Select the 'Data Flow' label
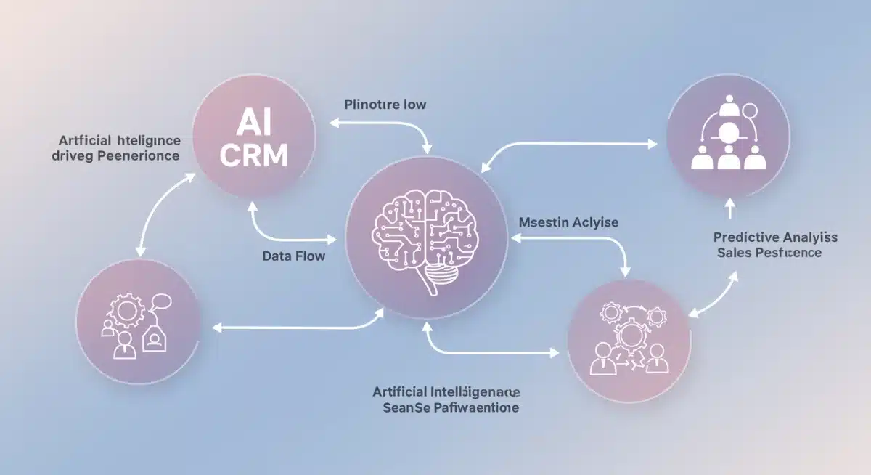point(293,256)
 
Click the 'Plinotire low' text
point(385,105)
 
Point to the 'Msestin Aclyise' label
point(569,222)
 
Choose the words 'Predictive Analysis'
point(775,238)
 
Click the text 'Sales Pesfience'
point(769,253)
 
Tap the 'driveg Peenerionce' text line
point(116,155)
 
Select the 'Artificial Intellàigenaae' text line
point(446,391)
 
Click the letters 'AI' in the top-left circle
point(253,125)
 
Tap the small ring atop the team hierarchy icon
point(750,112)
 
